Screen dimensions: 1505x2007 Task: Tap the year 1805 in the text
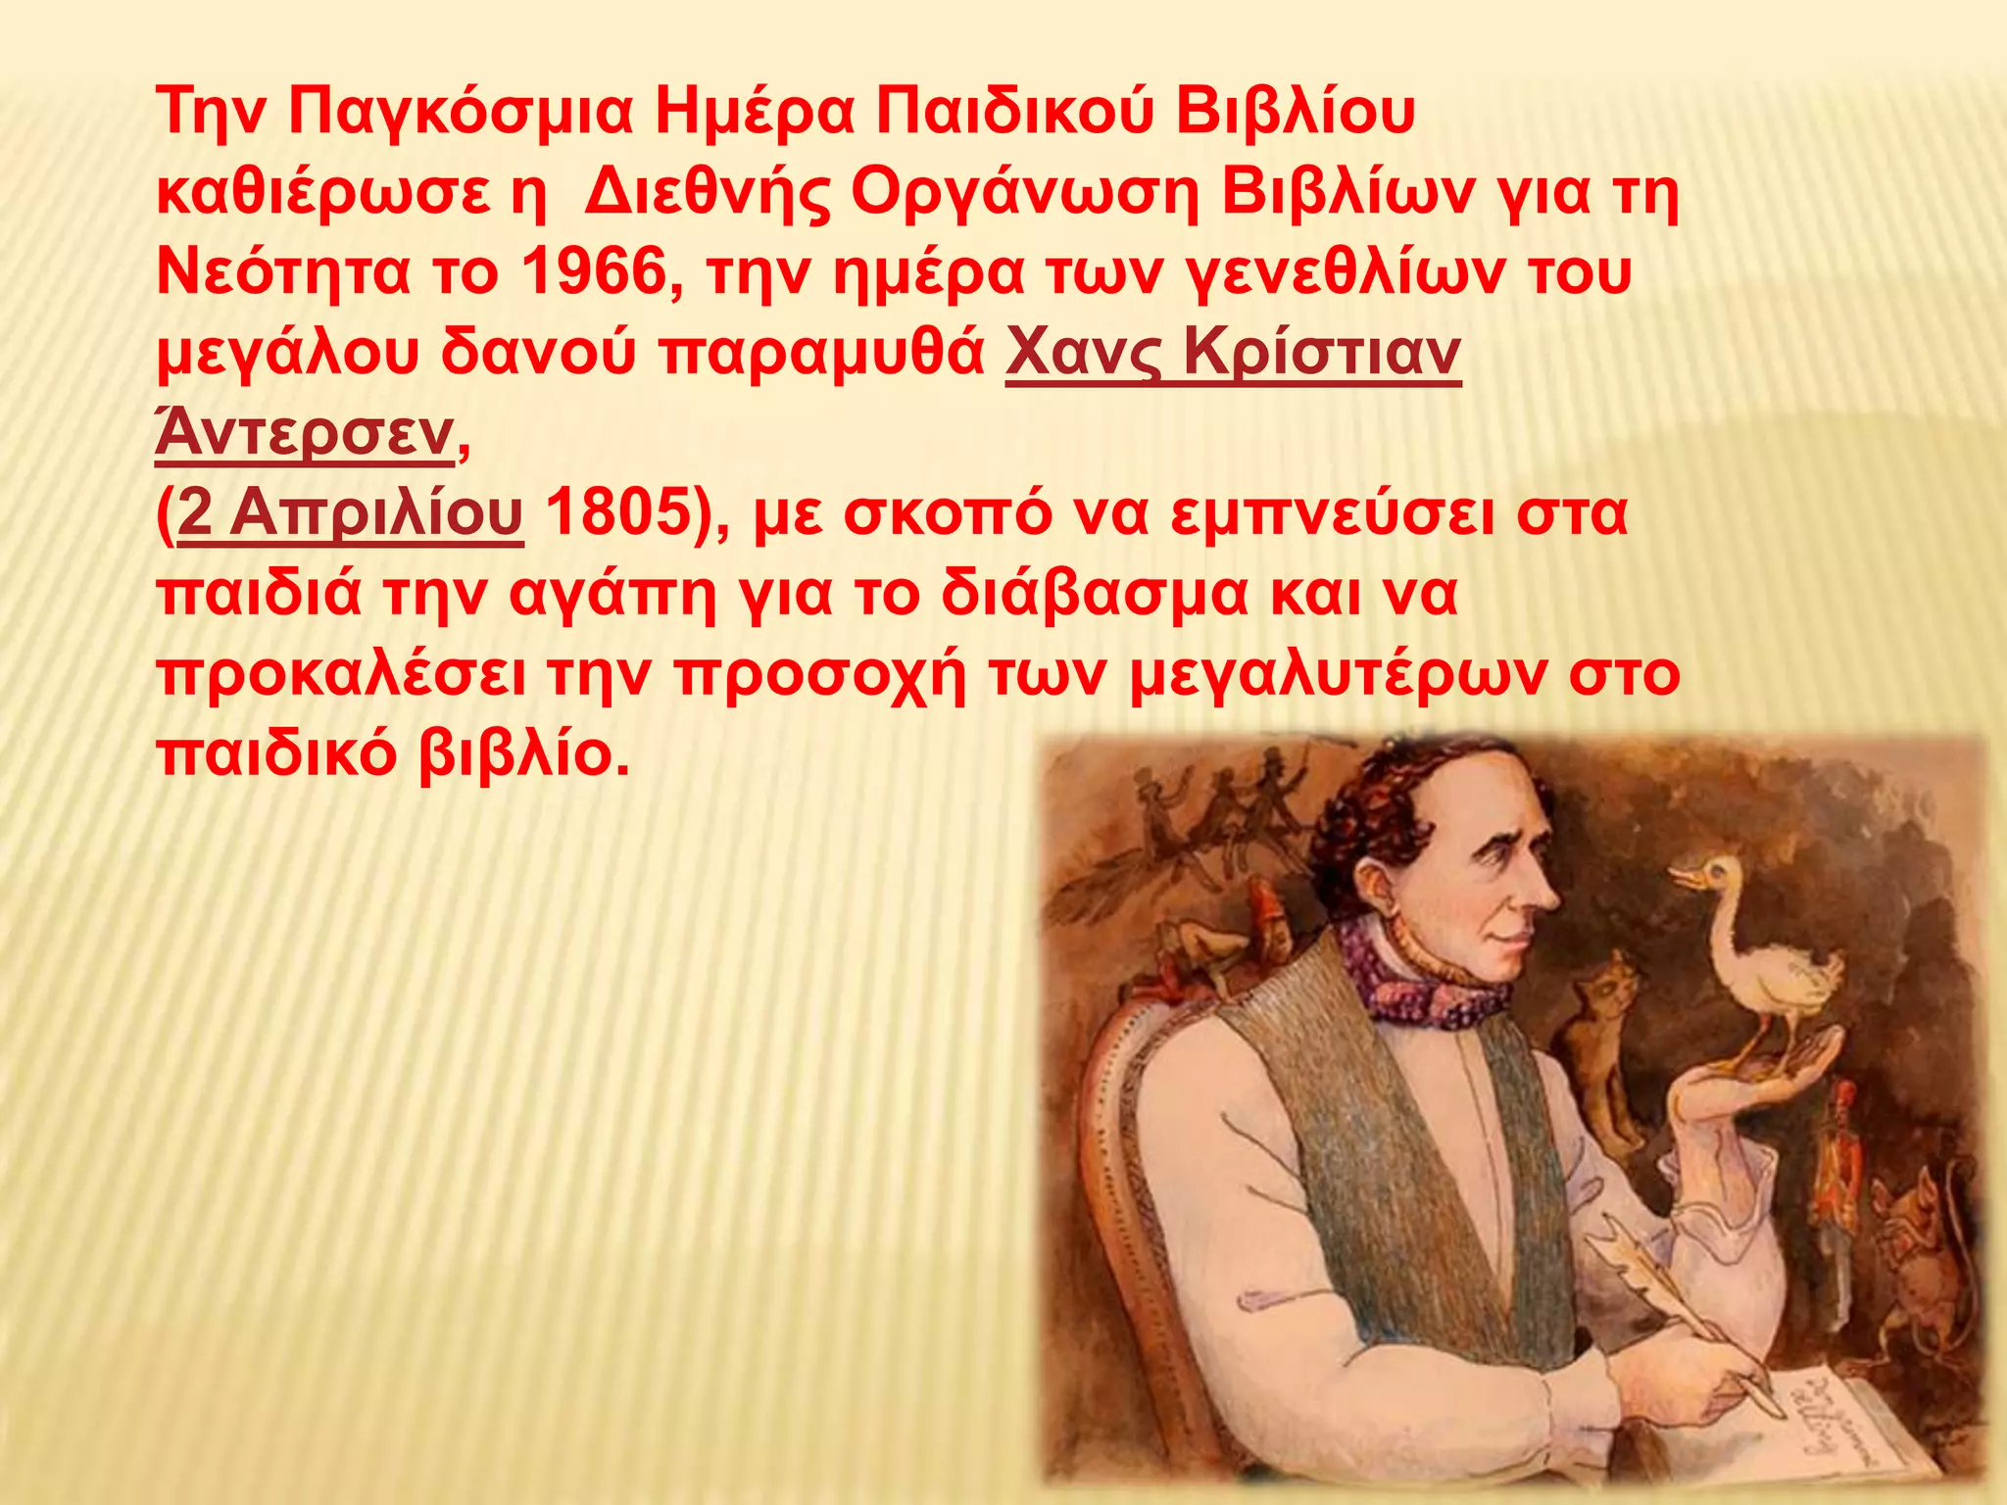pyautogui.click(x=617, y=512)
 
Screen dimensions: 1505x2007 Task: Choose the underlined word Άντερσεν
pyautogui.click(x=305, y=433)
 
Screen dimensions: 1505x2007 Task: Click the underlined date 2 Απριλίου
pyautogui.click(x=351, y=512)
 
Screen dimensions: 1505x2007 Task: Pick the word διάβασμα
pyautogui.click(x=1095, y=593)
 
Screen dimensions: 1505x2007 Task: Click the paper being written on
pyautogui.click(x=1852, y=1421)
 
